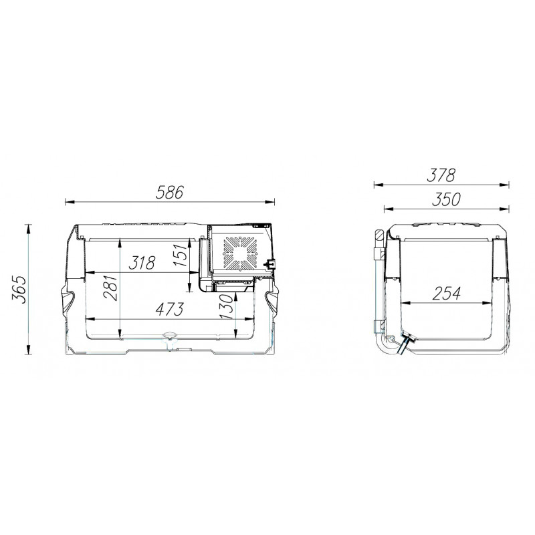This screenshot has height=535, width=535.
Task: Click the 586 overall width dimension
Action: pyautogui.click(x=170, y=193)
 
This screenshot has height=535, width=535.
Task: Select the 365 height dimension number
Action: pyautogui.click(x=19, y=290)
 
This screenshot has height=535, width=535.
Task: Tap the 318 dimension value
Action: pyautogui.click(x=142, y=263)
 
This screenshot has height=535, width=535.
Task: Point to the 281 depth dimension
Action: pyautogui.click(x=111, y=287)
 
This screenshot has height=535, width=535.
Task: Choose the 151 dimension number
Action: pyautogui.click(x=180, y=255)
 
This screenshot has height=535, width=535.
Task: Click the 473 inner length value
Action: pyautogui.click(x=170, y=309)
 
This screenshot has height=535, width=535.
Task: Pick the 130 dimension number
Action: pyautogui.click(x=226, y=307)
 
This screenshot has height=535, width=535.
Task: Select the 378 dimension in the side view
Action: pyautogui.click(x=441, y=175)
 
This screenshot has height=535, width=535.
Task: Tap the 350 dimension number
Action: pyautogui.click(x=446, y=199)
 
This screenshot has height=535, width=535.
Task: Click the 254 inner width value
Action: pyautogui.click(x=446, y=294)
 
